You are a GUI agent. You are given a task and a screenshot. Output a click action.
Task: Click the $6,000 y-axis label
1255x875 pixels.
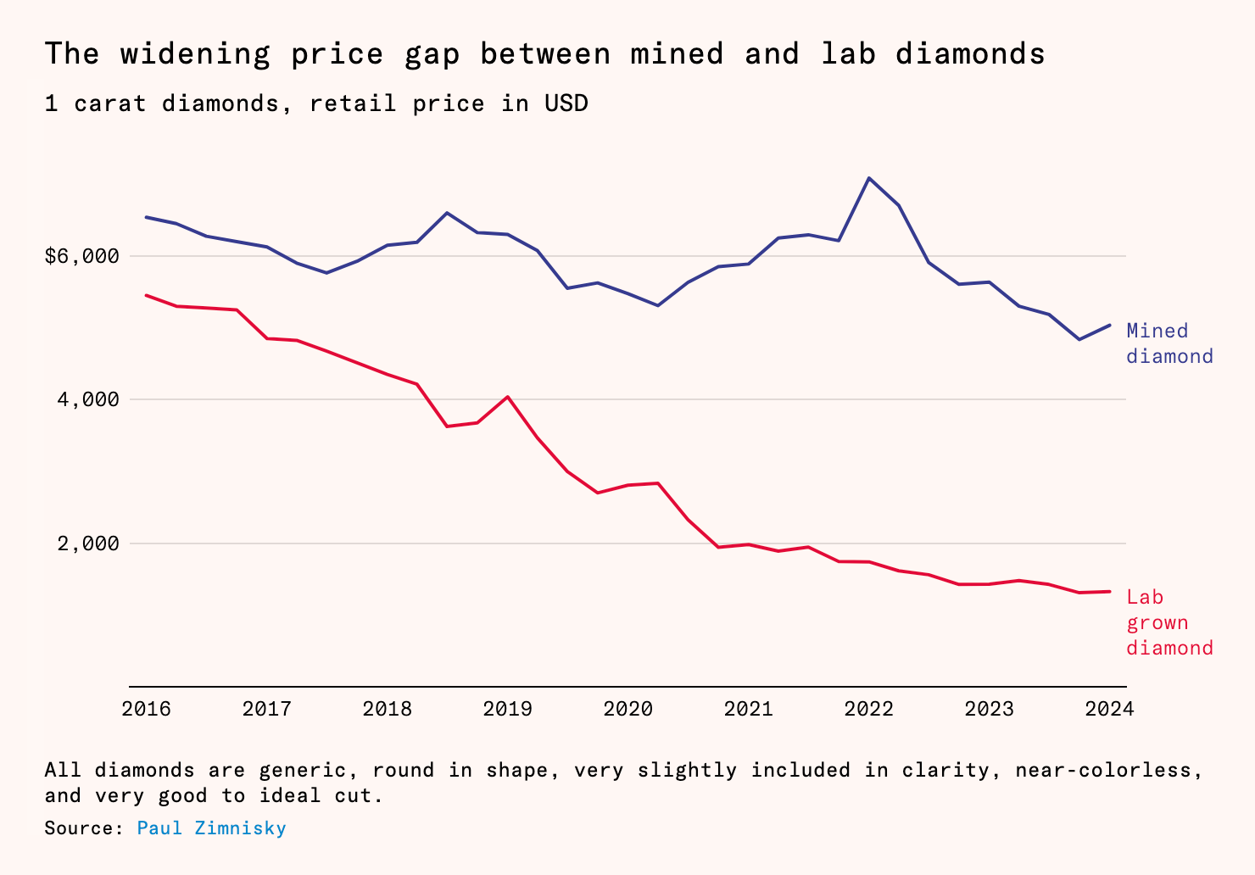81,255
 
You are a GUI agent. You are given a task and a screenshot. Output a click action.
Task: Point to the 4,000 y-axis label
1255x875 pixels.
88,399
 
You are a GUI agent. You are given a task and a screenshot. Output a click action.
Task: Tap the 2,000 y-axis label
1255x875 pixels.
88,543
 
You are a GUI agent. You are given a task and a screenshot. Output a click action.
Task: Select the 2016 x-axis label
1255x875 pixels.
147,709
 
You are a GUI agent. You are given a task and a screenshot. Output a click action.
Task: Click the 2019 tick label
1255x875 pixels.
507,709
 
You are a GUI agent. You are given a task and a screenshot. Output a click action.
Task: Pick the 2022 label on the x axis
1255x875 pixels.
868,709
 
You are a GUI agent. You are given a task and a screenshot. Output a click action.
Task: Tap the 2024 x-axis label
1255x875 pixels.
1109,709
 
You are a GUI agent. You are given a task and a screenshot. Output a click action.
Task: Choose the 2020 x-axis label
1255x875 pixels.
627,709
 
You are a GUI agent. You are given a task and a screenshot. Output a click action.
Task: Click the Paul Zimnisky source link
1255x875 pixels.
211,828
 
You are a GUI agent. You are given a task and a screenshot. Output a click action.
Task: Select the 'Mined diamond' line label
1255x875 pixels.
1169,343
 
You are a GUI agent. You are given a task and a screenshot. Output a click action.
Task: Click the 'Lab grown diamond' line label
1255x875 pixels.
1169,622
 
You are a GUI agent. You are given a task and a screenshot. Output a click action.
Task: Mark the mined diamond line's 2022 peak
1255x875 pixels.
868,178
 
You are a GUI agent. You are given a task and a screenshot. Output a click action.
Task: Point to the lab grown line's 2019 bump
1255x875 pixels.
507,397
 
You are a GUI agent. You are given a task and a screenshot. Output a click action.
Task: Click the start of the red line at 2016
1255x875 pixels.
147,295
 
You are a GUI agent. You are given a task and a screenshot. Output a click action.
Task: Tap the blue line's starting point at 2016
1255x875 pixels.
147,217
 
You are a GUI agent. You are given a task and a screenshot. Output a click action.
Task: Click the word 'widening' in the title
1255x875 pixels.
195,54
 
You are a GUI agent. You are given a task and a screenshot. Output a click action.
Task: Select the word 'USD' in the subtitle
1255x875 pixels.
566,103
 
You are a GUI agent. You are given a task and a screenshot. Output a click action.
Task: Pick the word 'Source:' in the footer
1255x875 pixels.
84,828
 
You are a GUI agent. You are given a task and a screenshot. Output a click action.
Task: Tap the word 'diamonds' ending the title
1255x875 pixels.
970,54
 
